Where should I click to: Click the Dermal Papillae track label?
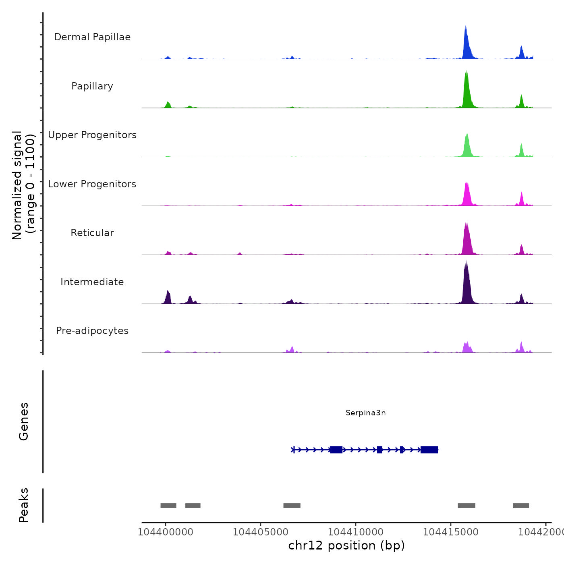[x=92, y=37]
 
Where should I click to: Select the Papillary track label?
[x=92, y=86]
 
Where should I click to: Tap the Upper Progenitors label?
[x=92, y=135]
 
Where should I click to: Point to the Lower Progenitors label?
[x=92, y=184]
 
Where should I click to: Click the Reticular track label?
[x=92, y=233]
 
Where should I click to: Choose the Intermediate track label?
[x=92, y=282]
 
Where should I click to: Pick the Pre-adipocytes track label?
[x=92, y=331]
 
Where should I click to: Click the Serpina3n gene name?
[x=365, y=413]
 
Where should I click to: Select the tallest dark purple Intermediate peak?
[x=467, y=282]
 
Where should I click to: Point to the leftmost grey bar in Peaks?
[x=168, y=506]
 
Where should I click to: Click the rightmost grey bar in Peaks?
[x=521, y=506]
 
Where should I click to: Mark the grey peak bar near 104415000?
[x=467, y=506]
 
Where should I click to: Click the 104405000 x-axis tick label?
[x=261, y=532]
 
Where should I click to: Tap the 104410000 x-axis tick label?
[x=356, y=532]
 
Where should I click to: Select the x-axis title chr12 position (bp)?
[x=346, y=545]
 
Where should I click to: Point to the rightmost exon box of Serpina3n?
[x=429, y=450]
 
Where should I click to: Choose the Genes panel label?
[x=23, y=421]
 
